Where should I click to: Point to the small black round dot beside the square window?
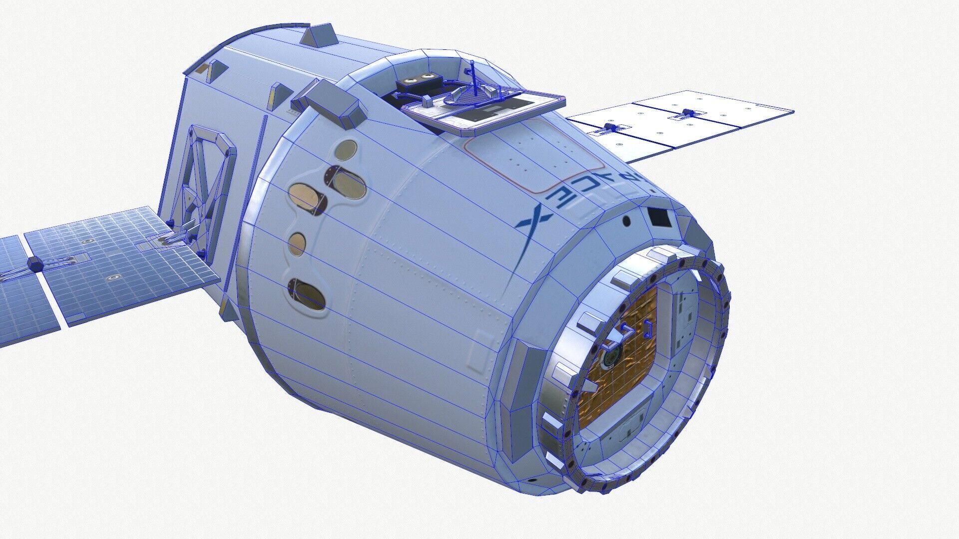point(626,221)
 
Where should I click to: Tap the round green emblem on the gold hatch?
point(610,357)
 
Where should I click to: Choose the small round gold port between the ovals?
point(297,242)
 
